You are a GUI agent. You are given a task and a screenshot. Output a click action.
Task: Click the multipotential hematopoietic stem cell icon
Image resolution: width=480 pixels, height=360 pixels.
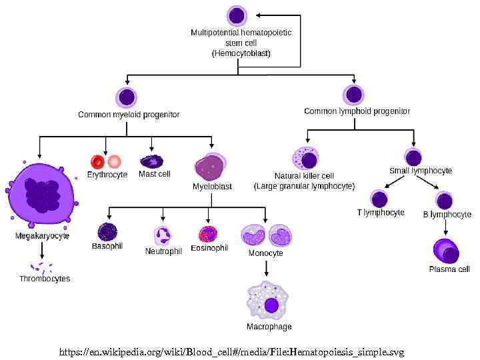pos(237,15)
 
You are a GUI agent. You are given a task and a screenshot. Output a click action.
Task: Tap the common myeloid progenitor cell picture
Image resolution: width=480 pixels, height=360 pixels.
pos(127,97)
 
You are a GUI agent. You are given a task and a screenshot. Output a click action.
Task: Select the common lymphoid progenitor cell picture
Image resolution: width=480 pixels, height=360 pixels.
pos(354,95)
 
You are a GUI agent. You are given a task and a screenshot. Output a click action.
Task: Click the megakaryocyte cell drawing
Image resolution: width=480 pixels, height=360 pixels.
pos(41,195)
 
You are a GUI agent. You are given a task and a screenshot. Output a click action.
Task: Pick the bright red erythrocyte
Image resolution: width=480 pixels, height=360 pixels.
pos(97,161)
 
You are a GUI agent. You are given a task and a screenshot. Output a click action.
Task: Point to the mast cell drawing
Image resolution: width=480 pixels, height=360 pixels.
pos(151,161)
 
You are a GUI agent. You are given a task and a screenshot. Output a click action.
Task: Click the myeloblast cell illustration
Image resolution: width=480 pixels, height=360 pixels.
pos(211,167)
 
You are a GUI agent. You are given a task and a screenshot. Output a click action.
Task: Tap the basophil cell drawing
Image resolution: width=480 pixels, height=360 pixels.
pos(107,233)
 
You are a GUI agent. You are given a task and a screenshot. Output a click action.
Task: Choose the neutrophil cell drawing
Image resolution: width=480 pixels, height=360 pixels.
pos(163,235)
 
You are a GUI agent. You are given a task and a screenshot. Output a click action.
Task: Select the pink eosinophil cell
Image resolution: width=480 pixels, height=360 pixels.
pos(208,235)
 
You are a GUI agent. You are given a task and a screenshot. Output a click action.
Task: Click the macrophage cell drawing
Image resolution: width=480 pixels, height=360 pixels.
pos(267,301)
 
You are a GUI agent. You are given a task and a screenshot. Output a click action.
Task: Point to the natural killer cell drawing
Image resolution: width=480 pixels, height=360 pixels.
pos(305,158)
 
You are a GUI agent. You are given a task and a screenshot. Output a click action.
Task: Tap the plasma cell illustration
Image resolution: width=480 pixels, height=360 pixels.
pos(446,251)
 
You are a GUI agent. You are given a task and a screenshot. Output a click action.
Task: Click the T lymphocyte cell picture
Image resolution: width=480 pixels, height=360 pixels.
pos(379,199)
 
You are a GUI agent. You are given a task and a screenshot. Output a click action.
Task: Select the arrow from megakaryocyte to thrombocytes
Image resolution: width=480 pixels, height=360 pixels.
pos(41,251)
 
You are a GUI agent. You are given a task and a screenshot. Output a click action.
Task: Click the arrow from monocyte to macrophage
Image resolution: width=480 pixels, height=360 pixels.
pos(266,268)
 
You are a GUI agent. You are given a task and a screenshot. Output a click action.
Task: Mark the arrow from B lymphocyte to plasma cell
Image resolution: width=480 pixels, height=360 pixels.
pos(445,227)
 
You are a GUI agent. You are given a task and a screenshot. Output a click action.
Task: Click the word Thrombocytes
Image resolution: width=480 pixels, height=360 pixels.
pos(45,279)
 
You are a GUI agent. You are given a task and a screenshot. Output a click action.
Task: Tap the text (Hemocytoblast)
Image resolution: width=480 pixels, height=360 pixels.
pos(241,53)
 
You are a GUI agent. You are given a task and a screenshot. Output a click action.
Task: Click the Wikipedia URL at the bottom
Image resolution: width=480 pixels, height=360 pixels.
pos(232,352)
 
